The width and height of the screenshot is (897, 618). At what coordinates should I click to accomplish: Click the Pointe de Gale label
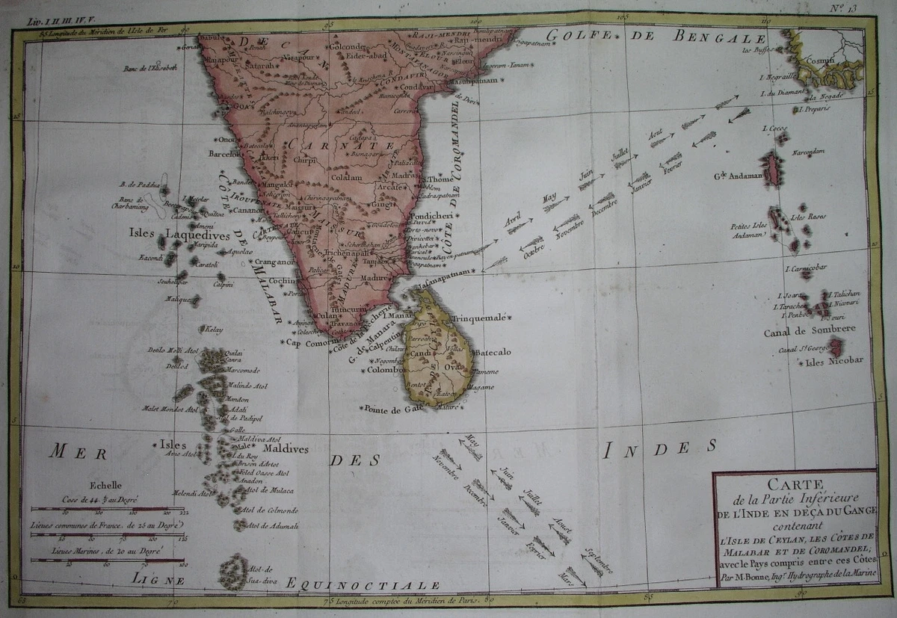[x=389, y=408]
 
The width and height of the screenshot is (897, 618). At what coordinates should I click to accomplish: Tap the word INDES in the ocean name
[x=659, y=448]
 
